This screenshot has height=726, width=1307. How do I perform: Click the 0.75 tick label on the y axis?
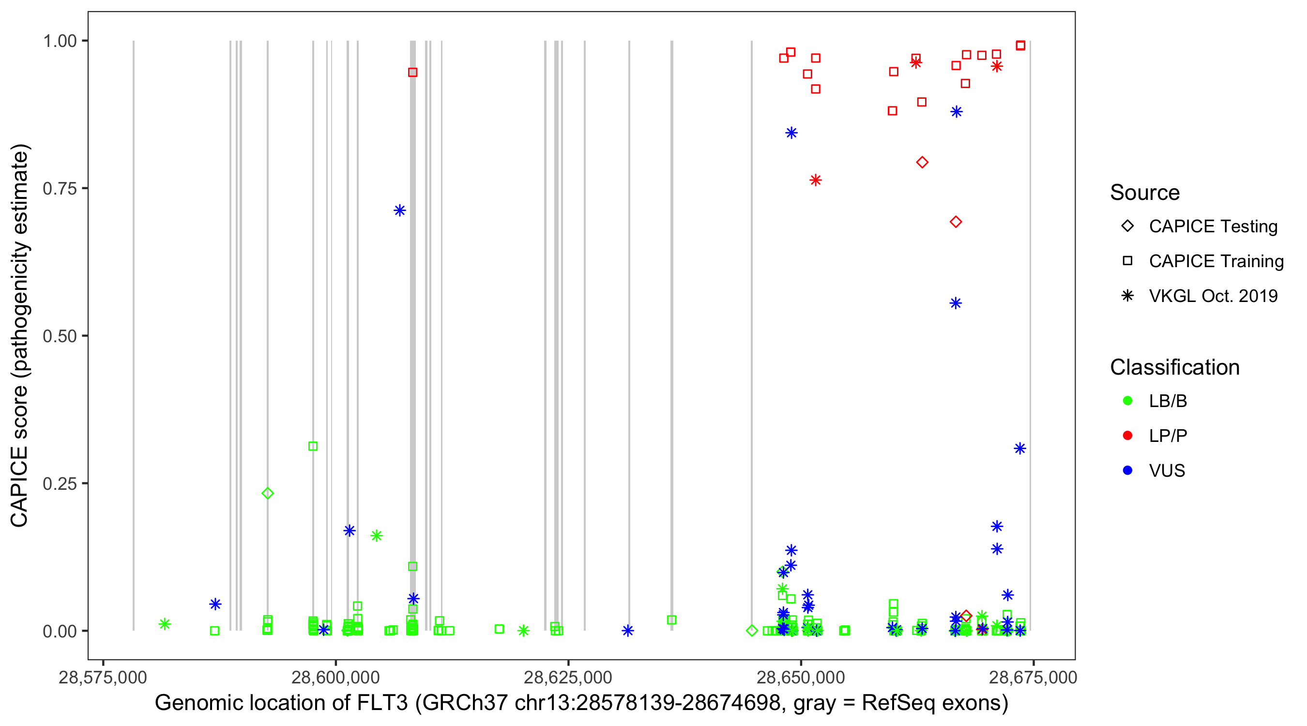(x=59, y=189)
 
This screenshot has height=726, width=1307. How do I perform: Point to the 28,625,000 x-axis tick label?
(x=568, y=678)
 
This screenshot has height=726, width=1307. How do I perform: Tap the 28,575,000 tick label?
(x=103, y=678)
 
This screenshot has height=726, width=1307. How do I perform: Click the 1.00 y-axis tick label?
(x=59, y=41)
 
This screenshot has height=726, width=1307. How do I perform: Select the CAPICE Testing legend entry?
(x=1213, y=227)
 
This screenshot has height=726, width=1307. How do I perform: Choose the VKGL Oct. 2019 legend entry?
(x=1213, y=296)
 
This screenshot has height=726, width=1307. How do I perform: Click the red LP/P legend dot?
(x=1127, y=436)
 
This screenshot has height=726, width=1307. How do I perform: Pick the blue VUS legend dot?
(x=1127, y=471)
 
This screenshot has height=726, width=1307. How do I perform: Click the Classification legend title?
(x=1174, y=367)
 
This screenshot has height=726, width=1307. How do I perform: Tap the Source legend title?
(x=1145, y=193)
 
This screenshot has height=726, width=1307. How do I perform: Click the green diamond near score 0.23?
(x=267, y=493)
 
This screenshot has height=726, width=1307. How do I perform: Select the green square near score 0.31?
(x=313, y=446)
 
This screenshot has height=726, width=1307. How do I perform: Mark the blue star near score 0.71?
(x=400, y=211)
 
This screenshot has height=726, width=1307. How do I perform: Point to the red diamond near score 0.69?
(x=956, y=222)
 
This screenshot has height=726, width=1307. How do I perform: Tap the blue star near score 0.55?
(x=956, y=303)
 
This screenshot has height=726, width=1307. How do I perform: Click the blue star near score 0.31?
(x=1020, y=449)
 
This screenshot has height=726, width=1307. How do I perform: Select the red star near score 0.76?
(x=815, y=180)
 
